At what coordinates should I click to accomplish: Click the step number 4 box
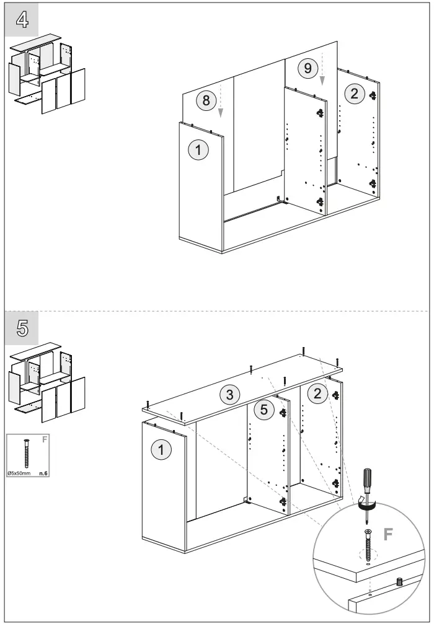pos(22,20)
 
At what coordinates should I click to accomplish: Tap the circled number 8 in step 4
pos(207,100)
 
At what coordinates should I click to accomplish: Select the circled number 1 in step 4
pos(198,149)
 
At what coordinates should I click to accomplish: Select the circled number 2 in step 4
pos(354,94)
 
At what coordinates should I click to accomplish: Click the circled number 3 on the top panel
pos(229,393)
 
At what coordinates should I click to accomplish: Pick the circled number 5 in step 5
pos(264,409)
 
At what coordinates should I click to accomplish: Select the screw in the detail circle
pos(369,542)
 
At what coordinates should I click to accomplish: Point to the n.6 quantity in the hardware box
pos(43,473)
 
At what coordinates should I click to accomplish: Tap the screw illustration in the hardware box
pos(27,454)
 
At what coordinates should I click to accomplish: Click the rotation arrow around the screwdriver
pos(368,507)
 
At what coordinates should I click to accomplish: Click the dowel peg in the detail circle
pos(399,582)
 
